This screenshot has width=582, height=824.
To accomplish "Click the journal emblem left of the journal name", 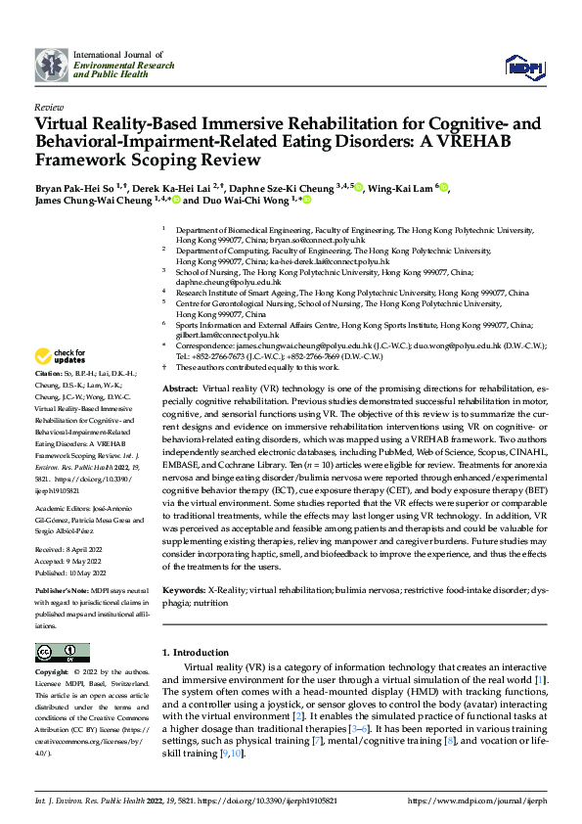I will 50,66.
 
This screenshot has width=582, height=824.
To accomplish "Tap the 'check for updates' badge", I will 62,356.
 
